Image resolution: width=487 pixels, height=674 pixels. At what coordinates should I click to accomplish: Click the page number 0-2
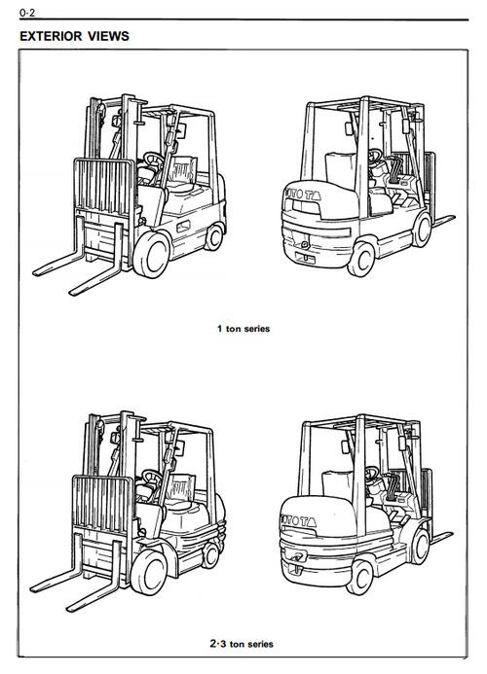26,14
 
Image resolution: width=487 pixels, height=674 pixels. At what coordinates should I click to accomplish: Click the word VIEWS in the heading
108,36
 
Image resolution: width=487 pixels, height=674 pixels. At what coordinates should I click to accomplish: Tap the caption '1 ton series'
243,329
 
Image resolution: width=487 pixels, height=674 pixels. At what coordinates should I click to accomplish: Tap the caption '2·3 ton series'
242,644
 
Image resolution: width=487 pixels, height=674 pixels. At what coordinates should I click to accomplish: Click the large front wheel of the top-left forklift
152,254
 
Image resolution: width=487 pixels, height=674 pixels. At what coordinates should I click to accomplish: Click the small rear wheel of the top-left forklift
214,236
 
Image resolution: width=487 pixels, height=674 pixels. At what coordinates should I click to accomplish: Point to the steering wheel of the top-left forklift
154,160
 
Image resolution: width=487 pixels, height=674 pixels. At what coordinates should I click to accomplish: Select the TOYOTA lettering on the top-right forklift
301,195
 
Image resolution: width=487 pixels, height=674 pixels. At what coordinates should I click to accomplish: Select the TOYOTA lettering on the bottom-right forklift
298,520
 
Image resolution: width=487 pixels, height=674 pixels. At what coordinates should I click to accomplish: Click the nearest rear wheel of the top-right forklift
360,260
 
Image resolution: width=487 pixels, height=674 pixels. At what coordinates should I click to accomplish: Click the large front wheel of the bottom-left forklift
149,572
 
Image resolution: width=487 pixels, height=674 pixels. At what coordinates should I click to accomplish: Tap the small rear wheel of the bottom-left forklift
210,555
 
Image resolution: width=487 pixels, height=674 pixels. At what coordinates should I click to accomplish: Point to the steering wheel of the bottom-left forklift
152,478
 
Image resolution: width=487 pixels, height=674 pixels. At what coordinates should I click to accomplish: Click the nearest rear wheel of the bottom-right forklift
359,577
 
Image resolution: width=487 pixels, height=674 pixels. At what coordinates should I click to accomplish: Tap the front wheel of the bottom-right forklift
420,546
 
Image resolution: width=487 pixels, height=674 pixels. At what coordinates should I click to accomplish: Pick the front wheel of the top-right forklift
422,231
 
